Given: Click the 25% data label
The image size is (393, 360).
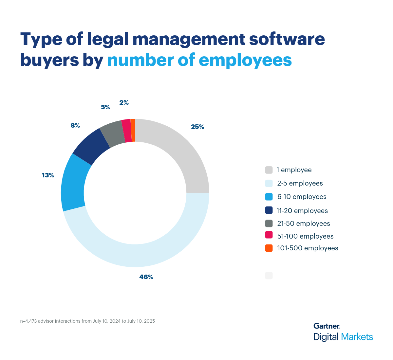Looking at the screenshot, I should tap(197, 127).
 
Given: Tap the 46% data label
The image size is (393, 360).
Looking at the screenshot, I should tap(146, 277).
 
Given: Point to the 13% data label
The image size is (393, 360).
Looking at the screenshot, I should tap(48, 175).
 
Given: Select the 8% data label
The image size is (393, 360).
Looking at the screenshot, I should tap(75, 125).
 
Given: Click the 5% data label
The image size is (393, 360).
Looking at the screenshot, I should tap(105, 107).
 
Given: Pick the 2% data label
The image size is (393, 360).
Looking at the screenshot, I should tap(124, 102).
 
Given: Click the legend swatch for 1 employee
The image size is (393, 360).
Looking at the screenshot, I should tap(269, 170).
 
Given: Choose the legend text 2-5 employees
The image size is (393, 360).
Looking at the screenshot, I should tap(300, 183).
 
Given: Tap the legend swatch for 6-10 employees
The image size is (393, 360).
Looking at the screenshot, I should tap(269, 197).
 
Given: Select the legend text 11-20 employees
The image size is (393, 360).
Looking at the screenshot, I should tap(302, 211).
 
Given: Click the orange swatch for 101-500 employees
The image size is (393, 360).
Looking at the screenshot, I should tap(269, 248).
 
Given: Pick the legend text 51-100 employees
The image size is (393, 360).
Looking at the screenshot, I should tap(305, 236).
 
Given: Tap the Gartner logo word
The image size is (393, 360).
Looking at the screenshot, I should tap(327, 326).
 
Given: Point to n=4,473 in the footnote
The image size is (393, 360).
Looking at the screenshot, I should tap(28, 321).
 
